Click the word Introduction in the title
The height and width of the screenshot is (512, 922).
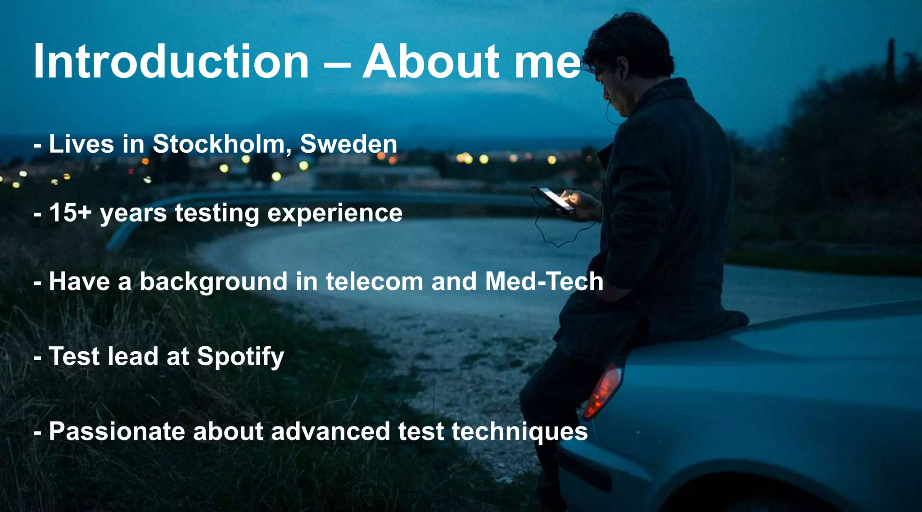coord(171,62)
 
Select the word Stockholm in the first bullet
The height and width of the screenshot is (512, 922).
coord(219,144)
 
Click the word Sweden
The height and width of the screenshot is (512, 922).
coord(348,144)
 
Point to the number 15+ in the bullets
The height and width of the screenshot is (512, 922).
coord(70,213)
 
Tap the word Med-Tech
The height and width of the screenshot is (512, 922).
coord(544,281)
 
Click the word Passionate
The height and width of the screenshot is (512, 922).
coord(117,431)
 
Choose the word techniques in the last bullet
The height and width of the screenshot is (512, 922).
coord(520,432)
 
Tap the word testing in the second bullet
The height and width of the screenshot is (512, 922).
coord(217,213)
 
